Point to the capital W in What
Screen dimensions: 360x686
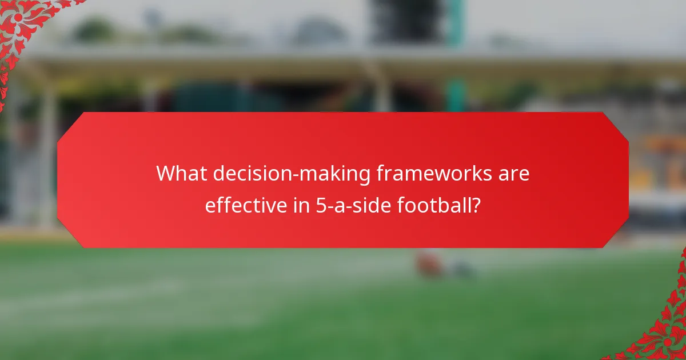click(166, 174)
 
